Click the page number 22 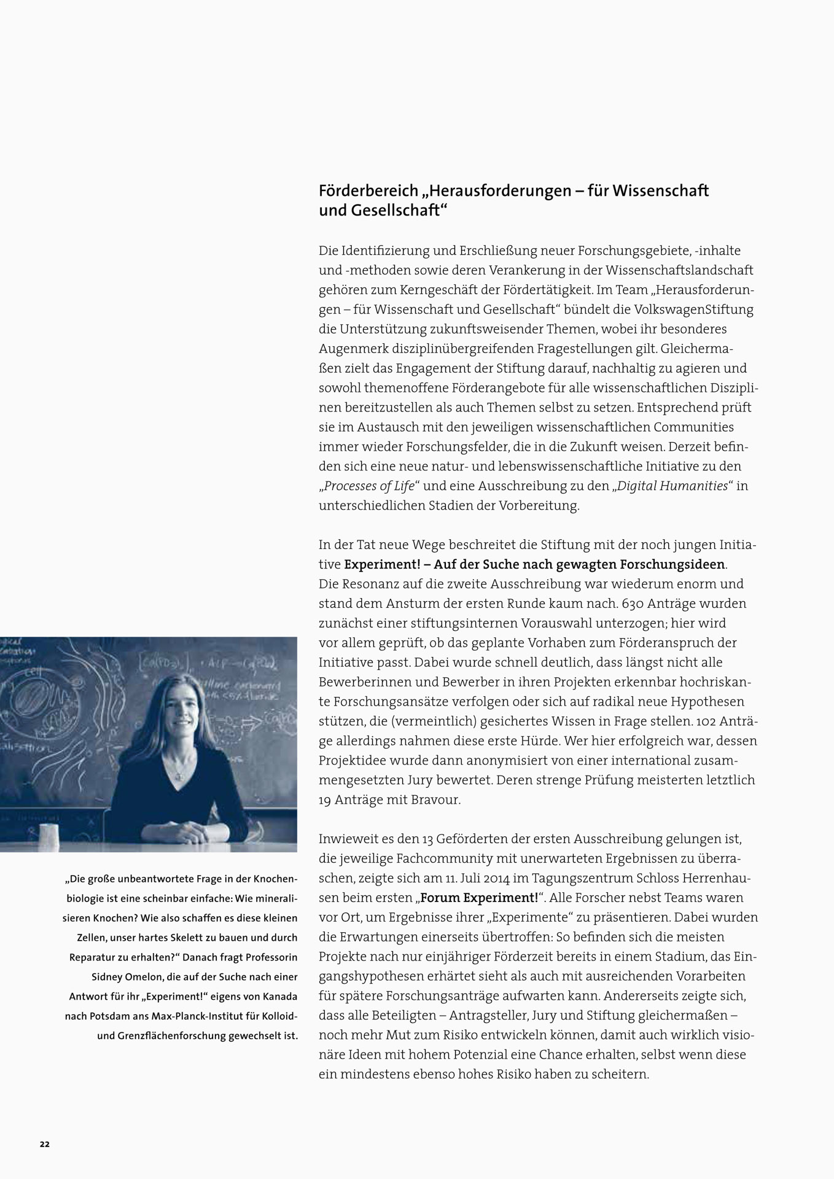point(45,1144)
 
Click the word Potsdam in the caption point(110,1016)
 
